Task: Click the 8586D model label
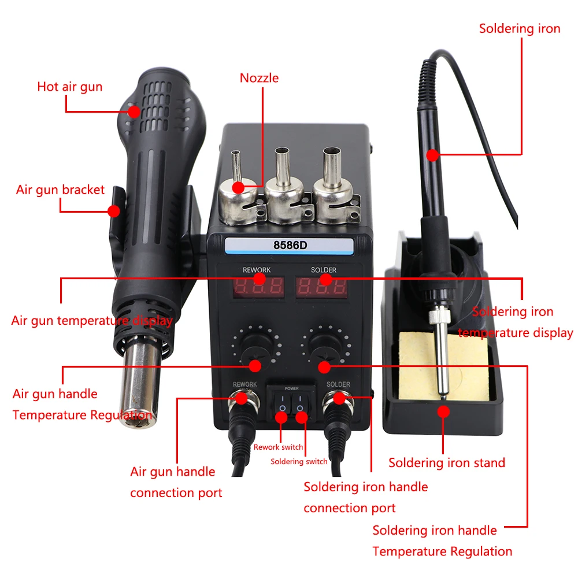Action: (x=290, y=244)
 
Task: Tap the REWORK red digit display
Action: (x=258, y=286)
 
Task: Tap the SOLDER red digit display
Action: (x=322, y=286)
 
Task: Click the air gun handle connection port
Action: (x=239, y=398)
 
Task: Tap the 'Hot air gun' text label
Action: (x=69, y=87)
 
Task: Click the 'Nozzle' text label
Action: (x=259, y=77)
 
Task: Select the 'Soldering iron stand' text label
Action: (x=446, y=462)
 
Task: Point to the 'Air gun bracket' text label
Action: (x=60, y=190)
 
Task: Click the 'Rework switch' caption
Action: (x=278, y=447)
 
